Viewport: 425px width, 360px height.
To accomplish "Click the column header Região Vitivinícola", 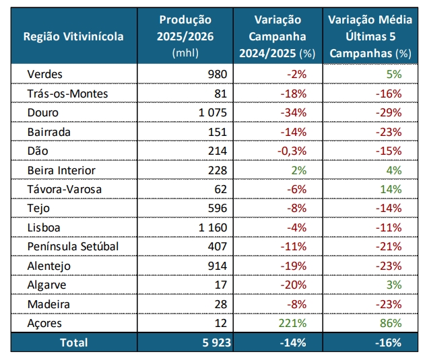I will point(74,36).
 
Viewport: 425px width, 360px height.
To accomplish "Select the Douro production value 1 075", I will point(214,112).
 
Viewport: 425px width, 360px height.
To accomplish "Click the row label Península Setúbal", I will point(73,246).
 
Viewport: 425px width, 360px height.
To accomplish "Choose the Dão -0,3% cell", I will point(292,151).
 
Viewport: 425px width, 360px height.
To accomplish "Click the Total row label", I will point(74,343).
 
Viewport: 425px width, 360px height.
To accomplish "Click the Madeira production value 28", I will point(222,304).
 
